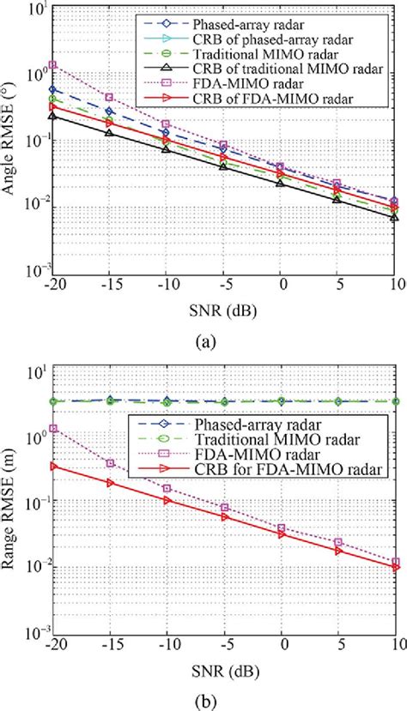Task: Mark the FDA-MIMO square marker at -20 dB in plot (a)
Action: (53, 64)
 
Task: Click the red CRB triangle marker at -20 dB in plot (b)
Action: (53, 466)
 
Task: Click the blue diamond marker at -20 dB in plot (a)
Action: (53, 89)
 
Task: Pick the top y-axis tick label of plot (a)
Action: (34, 10)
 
